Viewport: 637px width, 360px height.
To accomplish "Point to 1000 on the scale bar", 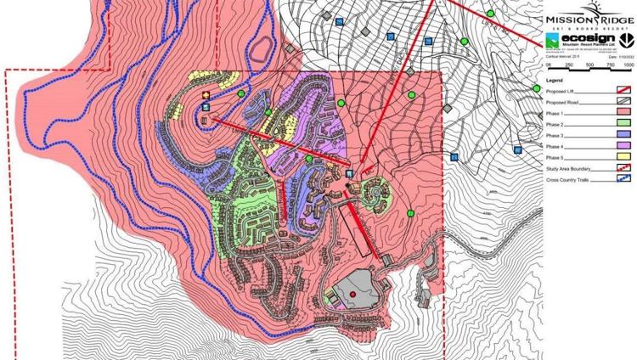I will (x=627, y=64).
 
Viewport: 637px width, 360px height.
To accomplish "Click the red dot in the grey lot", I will (x=352, y=295).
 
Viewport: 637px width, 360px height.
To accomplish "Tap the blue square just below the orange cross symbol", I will (x=206, y=107).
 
